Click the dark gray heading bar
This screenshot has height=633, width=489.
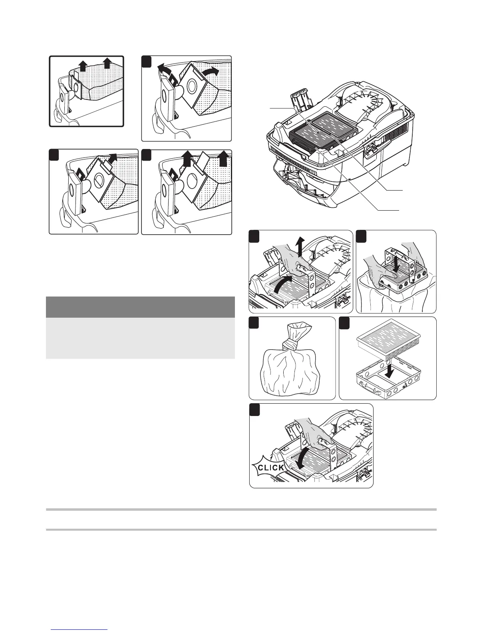pyautogui.click(x=140, y=307)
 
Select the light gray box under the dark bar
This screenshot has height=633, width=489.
pyautogui.click(x=140, y=338)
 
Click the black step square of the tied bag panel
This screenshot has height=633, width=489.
pyautogui.click(x=254, y=322)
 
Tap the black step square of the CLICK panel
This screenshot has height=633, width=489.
pyautogui.click(x=254, y=409)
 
